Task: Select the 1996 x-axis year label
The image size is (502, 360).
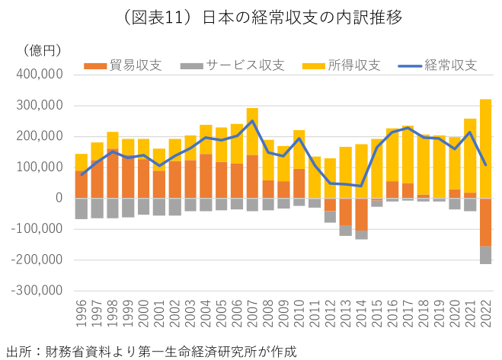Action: click(x=82, y=314)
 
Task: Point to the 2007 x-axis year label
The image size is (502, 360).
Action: click(x=252, y=314)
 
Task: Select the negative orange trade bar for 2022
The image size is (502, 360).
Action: click(x=485, y=221)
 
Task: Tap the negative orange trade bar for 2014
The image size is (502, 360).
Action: click(x=361, y=214)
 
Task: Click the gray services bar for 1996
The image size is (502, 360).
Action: click(x=82, y=209)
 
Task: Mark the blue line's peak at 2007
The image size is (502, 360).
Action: click(x=252, y=121)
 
